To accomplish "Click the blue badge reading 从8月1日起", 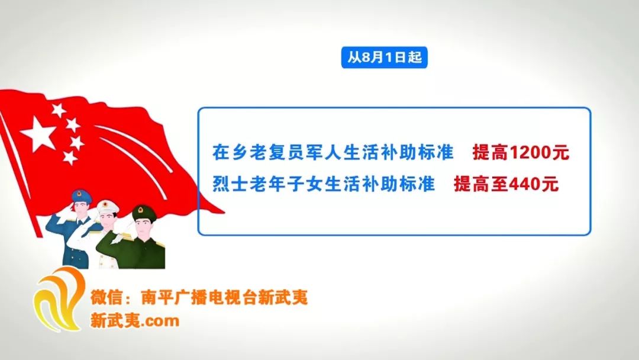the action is (385, 57).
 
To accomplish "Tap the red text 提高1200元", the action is (521, 153).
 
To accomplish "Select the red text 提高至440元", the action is (506, 184).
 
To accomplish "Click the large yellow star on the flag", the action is (38, 134).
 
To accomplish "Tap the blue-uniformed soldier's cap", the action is (82, 196).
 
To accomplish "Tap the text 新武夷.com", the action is (135, 321).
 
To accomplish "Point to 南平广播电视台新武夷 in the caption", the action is (224, 297).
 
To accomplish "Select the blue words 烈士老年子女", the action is (269, 184).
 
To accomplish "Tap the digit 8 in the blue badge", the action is (366, 57).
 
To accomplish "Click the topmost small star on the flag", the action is (59, 110).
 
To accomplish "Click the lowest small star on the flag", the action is (70, 157).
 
